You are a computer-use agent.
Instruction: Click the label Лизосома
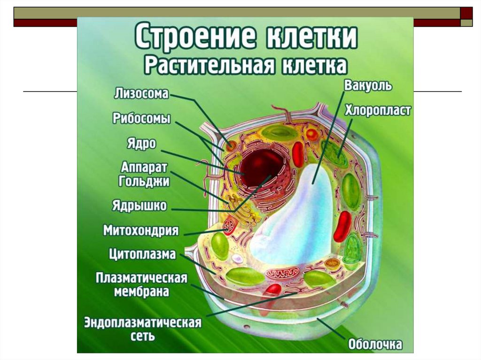[x=141, y=93]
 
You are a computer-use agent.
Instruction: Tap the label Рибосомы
[x=141, y=118]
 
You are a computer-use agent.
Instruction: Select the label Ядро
[x=141, y=143]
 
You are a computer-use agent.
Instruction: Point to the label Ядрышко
[x=139, y=206]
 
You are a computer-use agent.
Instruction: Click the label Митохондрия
[x=141, y=230]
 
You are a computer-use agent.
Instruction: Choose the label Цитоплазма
[x=142, y=254]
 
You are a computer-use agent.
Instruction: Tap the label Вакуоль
[x=368, y=86]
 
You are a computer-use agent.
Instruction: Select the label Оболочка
[x=375, y=345]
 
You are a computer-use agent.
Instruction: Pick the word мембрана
[x=141, y=291]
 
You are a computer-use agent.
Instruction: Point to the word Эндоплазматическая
[x=143, y=323]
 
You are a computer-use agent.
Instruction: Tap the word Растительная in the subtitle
[x=208, y=65]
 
